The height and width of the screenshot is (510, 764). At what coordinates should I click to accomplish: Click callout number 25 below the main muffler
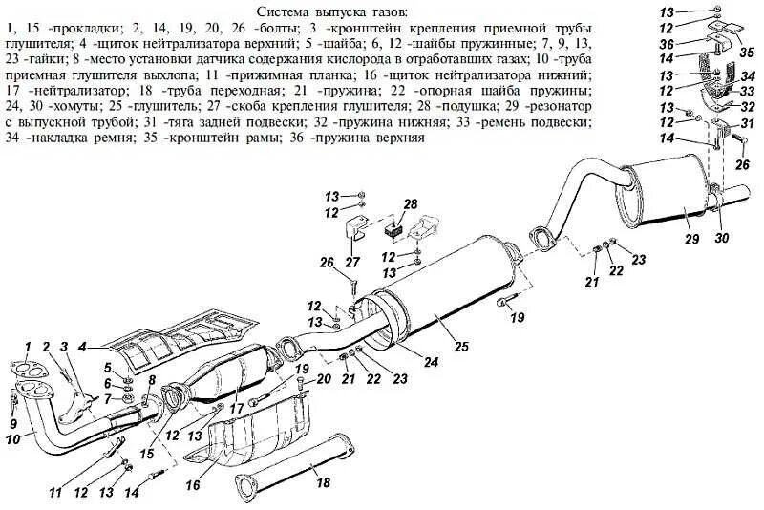point(461,347)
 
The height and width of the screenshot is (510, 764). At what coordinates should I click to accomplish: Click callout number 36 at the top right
point(665,43)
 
